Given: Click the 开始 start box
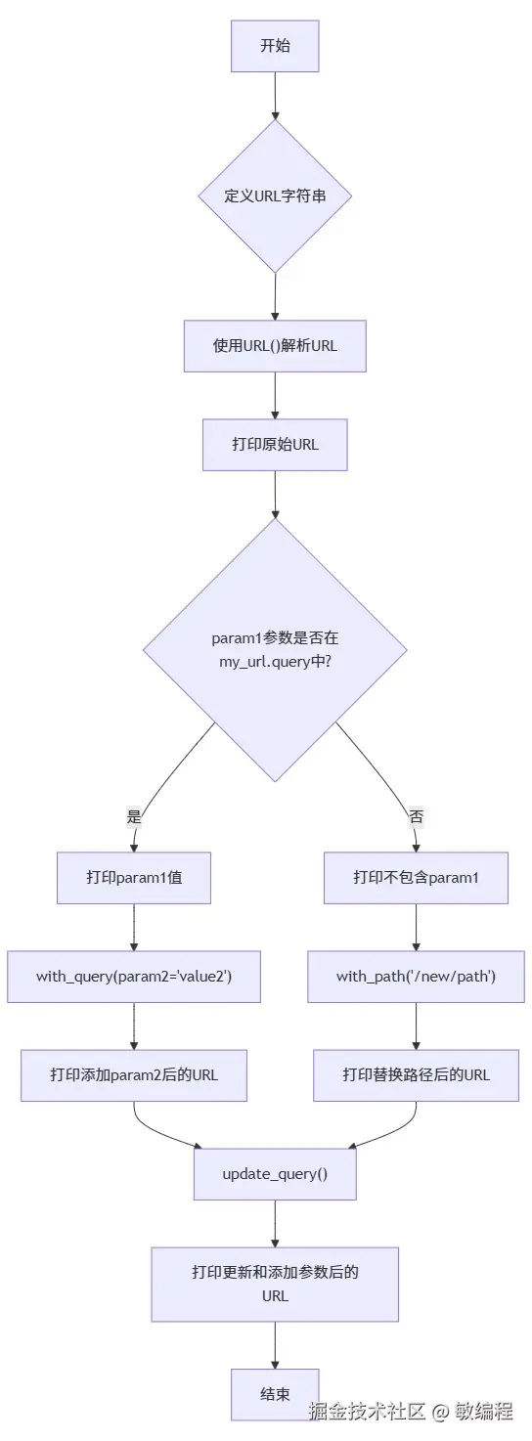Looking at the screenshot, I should coord(275,46).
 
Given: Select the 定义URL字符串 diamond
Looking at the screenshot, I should coord(275,196).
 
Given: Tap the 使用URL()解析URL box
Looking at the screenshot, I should coord(275,346).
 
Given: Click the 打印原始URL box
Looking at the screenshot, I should coord(275,445).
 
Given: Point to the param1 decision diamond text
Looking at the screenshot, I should coord(275,650).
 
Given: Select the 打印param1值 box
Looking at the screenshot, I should coord(134,877).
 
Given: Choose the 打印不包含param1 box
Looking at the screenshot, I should coord(416,877).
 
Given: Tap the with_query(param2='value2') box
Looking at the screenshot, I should coord(134,977).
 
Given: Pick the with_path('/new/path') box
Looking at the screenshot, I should coord(416,977).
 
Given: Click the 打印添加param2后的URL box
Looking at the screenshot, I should coord(134,1075).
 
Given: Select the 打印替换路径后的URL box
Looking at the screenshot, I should coord(416,1075).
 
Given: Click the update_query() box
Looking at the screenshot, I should coord(275,1174).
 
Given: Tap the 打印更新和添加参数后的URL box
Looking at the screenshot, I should coord(275,1284).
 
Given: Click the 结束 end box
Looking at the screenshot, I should coord(275,1394).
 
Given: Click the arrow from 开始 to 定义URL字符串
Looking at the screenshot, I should coord(275,95).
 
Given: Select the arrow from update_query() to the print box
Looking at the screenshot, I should coord(275,1223).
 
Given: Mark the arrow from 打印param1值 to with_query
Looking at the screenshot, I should coord(134,927).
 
